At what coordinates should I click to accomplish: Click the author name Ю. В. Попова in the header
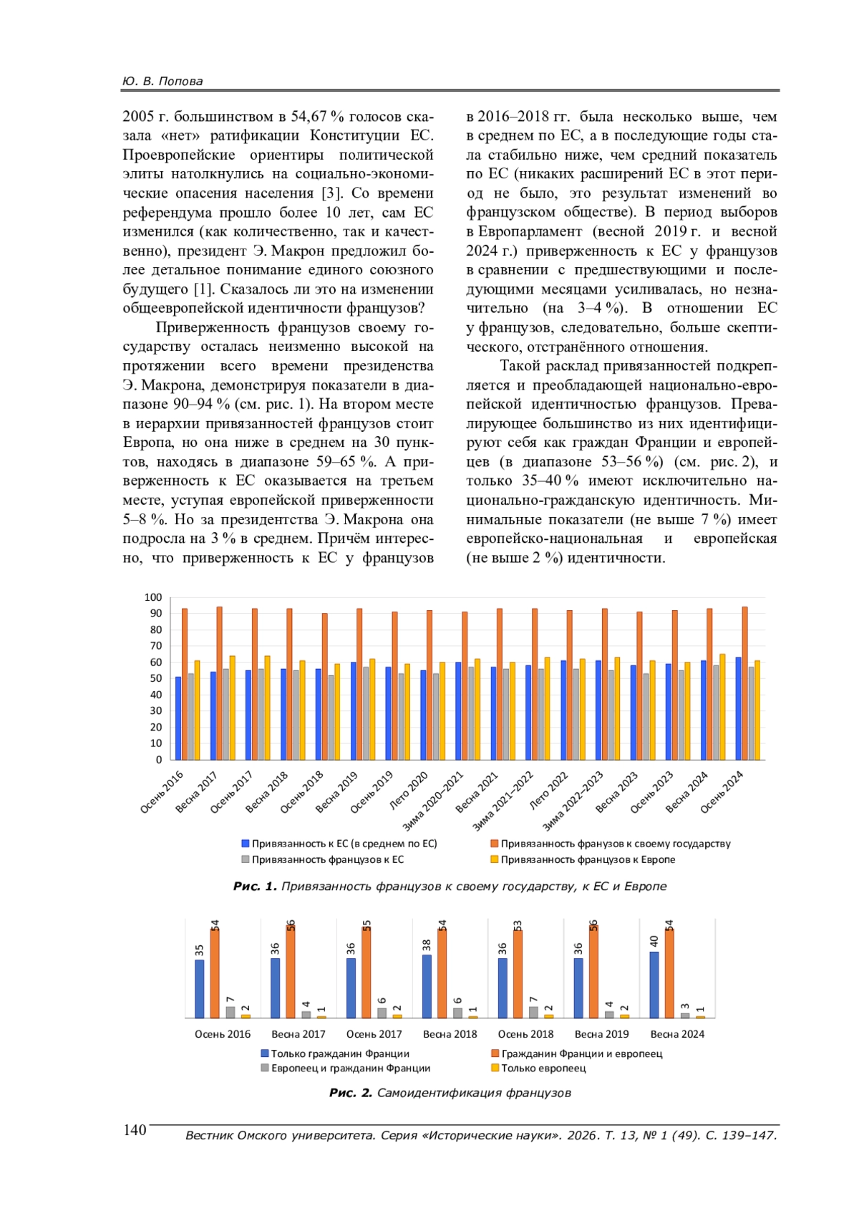click(162, 81)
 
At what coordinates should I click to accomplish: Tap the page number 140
click(135, 1130)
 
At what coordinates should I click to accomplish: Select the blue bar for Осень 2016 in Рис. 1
click(178, 718)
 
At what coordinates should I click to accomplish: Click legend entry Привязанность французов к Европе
click(587, 859)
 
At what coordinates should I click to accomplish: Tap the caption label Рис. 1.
click(254, 887)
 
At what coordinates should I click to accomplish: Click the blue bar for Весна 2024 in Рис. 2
click(654, 985)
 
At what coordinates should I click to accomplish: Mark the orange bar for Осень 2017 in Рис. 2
click(367, 973)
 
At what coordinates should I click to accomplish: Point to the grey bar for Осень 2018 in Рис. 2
click(533, 1012)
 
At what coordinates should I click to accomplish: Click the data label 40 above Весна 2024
click(654, 940)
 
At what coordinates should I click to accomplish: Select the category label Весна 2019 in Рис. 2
click(601, 1034)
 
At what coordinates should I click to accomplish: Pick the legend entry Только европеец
click(543, 1068)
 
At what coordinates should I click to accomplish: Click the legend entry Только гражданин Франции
click(340, 1053)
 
